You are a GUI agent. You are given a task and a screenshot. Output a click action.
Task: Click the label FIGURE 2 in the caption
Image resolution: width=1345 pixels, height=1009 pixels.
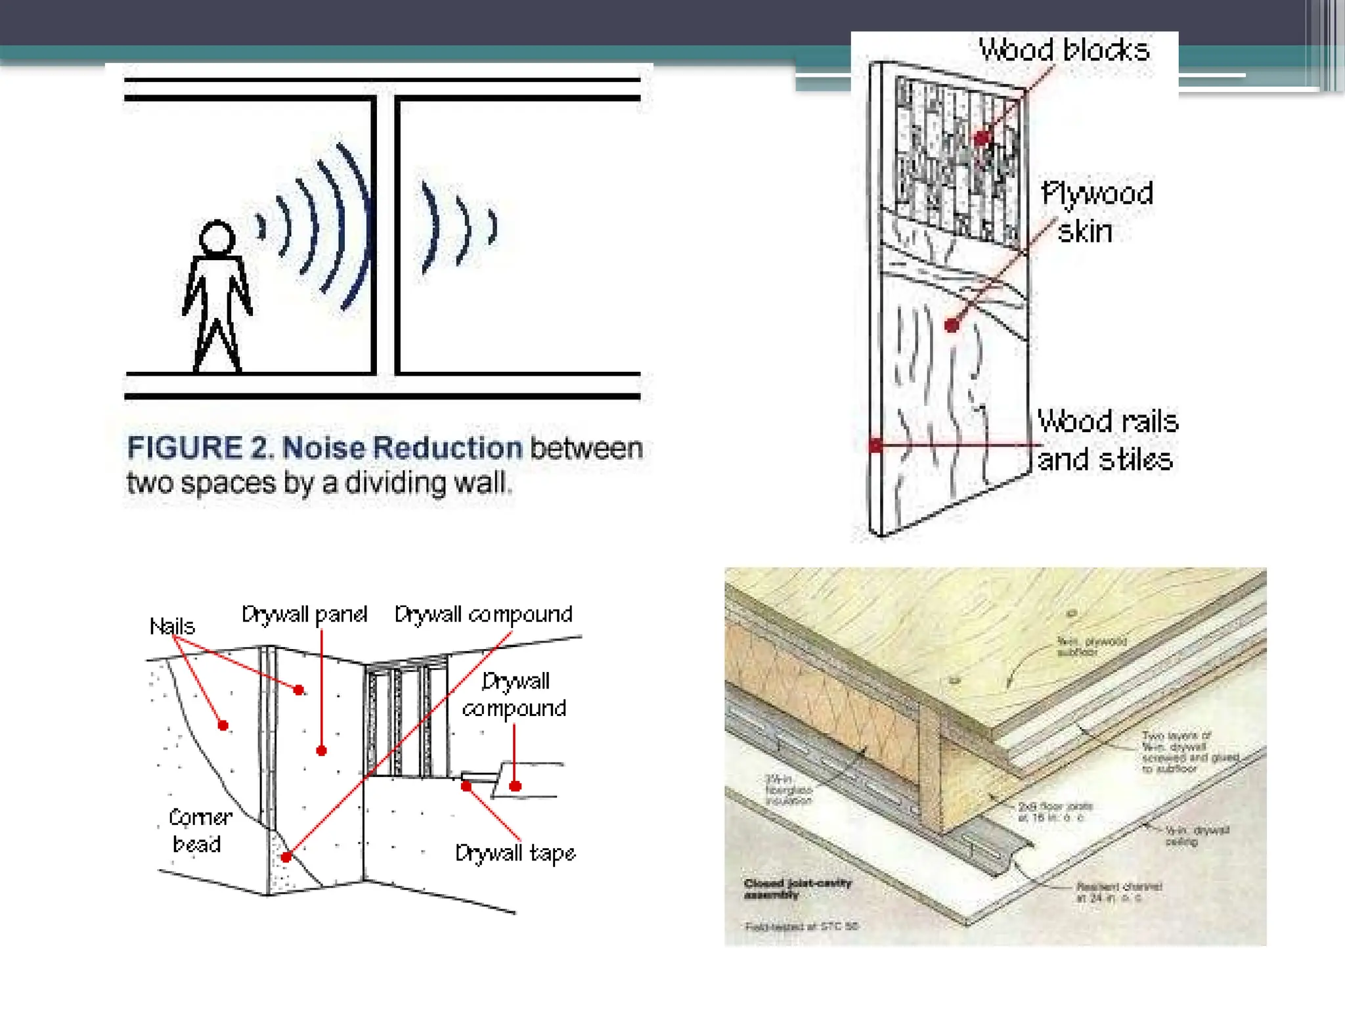[x=199, y=449]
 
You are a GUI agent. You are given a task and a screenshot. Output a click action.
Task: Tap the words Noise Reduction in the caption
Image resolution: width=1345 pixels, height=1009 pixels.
[x=402, y=449]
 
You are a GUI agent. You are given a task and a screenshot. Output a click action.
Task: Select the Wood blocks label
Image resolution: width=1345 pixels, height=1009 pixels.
[x=1064, y=51]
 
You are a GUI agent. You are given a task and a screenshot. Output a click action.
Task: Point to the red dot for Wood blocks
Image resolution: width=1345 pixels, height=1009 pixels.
[x=981, y=138]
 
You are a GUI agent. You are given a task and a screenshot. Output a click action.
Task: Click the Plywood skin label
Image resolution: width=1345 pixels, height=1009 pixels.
[x=1096, y=212]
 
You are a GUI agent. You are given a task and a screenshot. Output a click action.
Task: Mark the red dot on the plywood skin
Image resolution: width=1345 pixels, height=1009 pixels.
[x=952, y=325]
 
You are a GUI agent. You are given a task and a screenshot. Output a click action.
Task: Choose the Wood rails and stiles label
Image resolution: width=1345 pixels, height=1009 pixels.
[x=1107, y=440]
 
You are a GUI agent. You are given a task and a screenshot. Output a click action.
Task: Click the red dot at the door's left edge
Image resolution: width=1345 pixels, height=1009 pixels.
[x=875, y=445]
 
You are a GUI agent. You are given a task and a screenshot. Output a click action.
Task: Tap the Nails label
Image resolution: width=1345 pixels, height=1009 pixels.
[x=172, y=626]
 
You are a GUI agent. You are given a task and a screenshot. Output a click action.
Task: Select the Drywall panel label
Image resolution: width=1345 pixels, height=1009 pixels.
[x=304, y=615]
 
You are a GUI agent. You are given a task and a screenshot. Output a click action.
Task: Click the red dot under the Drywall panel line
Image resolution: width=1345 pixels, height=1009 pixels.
[x=321, y=750]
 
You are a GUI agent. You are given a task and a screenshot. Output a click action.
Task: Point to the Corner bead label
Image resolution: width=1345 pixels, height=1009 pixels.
[x=200, y=830]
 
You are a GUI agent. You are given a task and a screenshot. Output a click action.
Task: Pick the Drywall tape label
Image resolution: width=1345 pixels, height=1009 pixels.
[x=516, y=853]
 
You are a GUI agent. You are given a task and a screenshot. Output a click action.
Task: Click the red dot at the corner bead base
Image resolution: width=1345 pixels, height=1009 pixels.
[x=286, y=857]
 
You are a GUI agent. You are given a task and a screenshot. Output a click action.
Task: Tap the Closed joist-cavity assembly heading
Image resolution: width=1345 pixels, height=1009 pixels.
[x=797, y=888]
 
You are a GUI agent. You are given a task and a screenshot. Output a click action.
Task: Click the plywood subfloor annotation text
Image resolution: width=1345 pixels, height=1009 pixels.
[x=1091, y=646]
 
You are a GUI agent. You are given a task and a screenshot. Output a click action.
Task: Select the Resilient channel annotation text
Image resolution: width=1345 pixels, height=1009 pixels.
[x=1118, y=891]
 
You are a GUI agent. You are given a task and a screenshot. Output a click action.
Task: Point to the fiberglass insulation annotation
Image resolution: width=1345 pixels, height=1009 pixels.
[x=789, y=790]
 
